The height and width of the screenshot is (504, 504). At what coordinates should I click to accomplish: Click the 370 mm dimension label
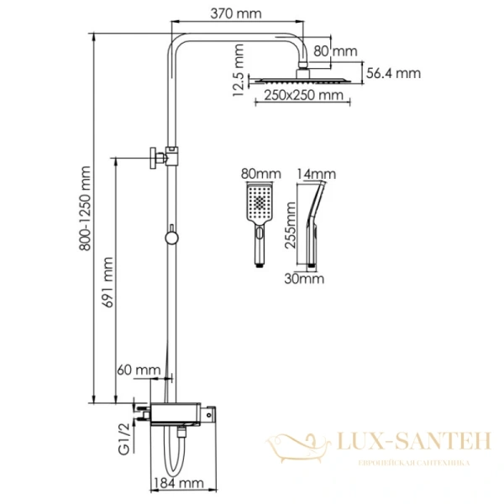tap(235, 13)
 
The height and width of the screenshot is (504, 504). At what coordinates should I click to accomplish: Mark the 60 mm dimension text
tap(139, 369)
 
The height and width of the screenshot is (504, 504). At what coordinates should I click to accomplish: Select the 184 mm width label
tap(179, 483)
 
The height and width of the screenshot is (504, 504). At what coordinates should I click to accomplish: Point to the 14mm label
tap(318, 174)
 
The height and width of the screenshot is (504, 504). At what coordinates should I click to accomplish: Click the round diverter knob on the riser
tap(172, 238)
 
